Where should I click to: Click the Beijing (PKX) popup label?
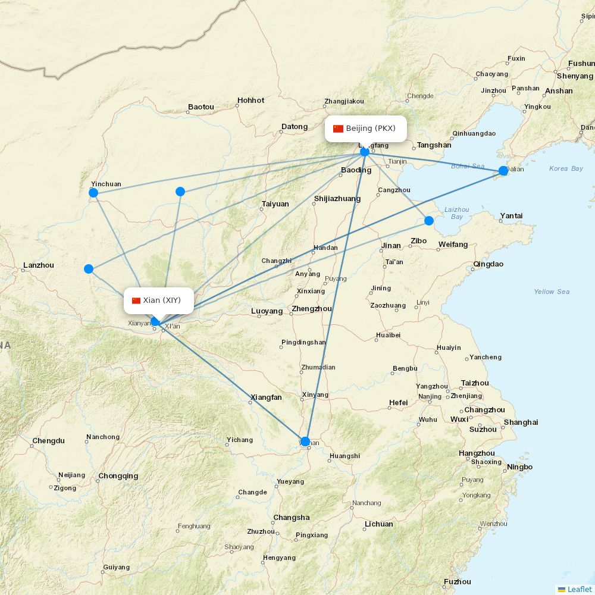coord(366,129)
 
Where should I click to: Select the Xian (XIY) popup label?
coord(159,300)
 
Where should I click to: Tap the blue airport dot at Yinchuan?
coord(93,192)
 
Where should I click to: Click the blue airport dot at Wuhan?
coord(305,441)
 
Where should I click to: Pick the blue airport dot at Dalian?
coord(503,171)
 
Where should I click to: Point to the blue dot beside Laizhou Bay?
coord(429,221)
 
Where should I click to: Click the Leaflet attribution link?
coord(579,589)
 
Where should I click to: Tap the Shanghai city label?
coord(521,422)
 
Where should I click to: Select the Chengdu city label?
coord(48,441)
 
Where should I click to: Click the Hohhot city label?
coord(250,101)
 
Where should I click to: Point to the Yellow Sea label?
coord(552,292)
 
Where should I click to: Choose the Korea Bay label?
coord(566,168)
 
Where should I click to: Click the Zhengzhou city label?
coord(312,309)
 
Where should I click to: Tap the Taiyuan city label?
coord(275,204)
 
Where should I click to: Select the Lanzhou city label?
coord(38,265)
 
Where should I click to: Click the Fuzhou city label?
coord(457,582)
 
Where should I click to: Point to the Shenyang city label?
coord(575,76)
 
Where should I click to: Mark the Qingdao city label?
coord(488,264)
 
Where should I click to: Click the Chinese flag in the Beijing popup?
coord(338,129)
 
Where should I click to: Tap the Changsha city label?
coord(292,518)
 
